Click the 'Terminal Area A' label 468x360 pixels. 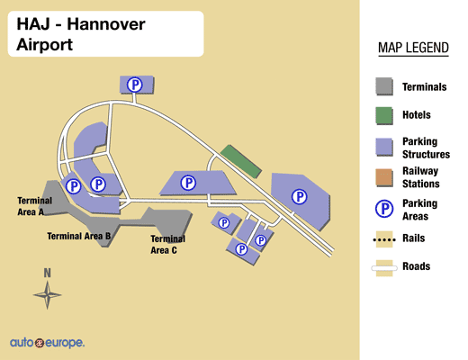point(35,206)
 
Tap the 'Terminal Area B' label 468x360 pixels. point(79,236)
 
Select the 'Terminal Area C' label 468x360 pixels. point(167,245)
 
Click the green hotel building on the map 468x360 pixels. point(241,161)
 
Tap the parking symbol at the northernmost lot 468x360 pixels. point(134,85)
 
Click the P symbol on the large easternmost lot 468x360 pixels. point(299,197)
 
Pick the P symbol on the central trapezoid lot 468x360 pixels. point(188,183)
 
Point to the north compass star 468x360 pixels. point(48,295)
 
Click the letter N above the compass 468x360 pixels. point(47,273)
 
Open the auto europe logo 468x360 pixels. point(47,343)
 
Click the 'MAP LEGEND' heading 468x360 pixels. point(413,48)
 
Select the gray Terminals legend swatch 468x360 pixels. point(384,86)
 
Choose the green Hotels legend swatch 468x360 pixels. point(384,116)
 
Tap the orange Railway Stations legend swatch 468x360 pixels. point(384,178)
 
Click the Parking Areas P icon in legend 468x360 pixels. point(384,209)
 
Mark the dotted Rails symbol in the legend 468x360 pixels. point(384,239)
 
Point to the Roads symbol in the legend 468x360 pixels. point(384,268)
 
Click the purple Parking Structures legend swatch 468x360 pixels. point(384,147)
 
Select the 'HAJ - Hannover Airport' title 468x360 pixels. point(81,34)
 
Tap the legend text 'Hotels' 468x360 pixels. point(417,115)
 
